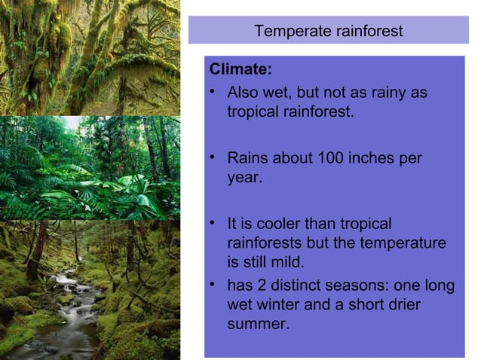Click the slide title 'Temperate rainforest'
click(328, 32)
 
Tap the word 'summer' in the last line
click(256, 325)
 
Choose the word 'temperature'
click(405, 244)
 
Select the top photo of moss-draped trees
click(90, 56)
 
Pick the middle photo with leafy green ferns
click(90, 167)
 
